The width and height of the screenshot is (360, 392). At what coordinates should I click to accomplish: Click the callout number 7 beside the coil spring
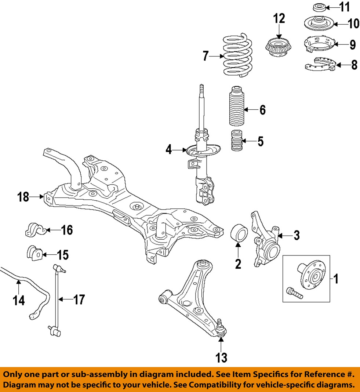click(x=206, y=57)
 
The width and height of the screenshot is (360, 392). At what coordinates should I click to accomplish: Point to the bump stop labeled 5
click(x=237, y=141)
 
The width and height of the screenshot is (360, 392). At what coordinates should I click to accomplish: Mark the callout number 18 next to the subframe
click(x=23, y=197)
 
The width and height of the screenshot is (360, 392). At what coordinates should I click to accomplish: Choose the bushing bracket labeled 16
click(x=34, y=230)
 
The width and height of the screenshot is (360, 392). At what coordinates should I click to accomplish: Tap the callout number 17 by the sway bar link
click(x=79, y=300)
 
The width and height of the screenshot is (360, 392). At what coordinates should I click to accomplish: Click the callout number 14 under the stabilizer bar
click(x=18, y=301)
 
